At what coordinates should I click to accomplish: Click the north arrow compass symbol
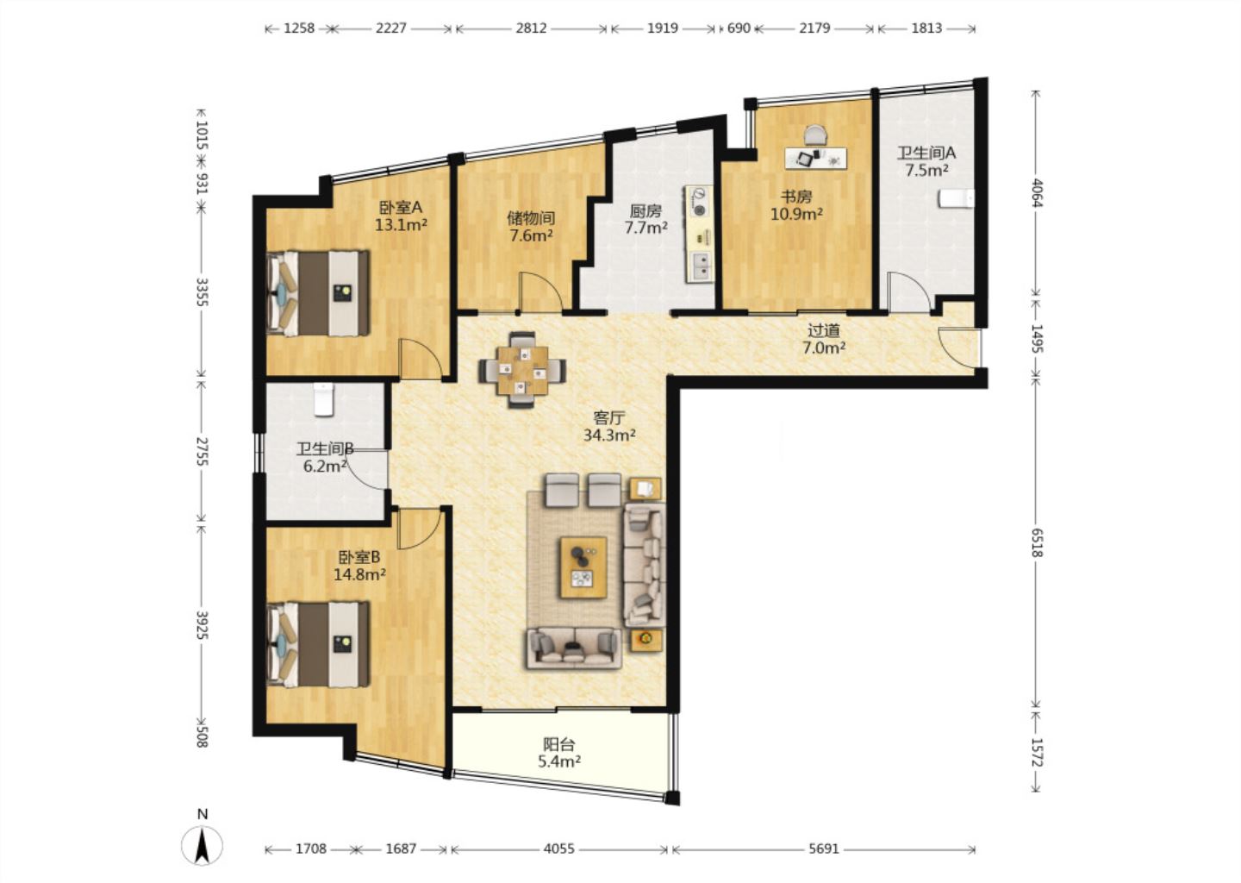(x=203, y=845)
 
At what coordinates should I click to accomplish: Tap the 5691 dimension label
(x=824, y=849)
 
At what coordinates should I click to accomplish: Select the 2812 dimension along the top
(x=531, y=28)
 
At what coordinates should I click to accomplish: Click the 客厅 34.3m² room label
(x=608, y=426)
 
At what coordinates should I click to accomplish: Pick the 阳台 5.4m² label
(x=559, y=753)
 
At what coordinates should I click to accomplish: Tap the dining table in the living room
(x=522, y=370)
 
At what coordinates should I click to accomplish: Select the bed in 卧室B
(x=318, y=645)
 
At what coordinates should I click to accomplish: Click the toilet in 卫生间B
(x=323, y=398)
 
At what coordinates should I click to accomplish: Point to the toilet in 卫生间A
(x=957, y=198)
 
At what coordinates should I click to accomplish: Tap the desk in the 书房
(x=816, y=158)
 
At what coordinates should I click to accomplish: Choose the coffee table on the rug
(x=583, y=567)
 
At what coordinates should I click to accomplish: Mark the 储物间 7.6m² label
(x=531, y=226)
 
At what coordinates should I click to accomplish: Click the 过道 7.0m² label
(x=824, y=339)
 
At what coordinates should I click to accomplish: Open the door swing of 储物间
(x=540, y=292)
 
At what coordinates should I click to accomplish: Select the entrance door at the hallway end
(x=959, y=348)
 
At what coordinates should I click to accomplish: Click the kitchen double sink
(x=701, y=266)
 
